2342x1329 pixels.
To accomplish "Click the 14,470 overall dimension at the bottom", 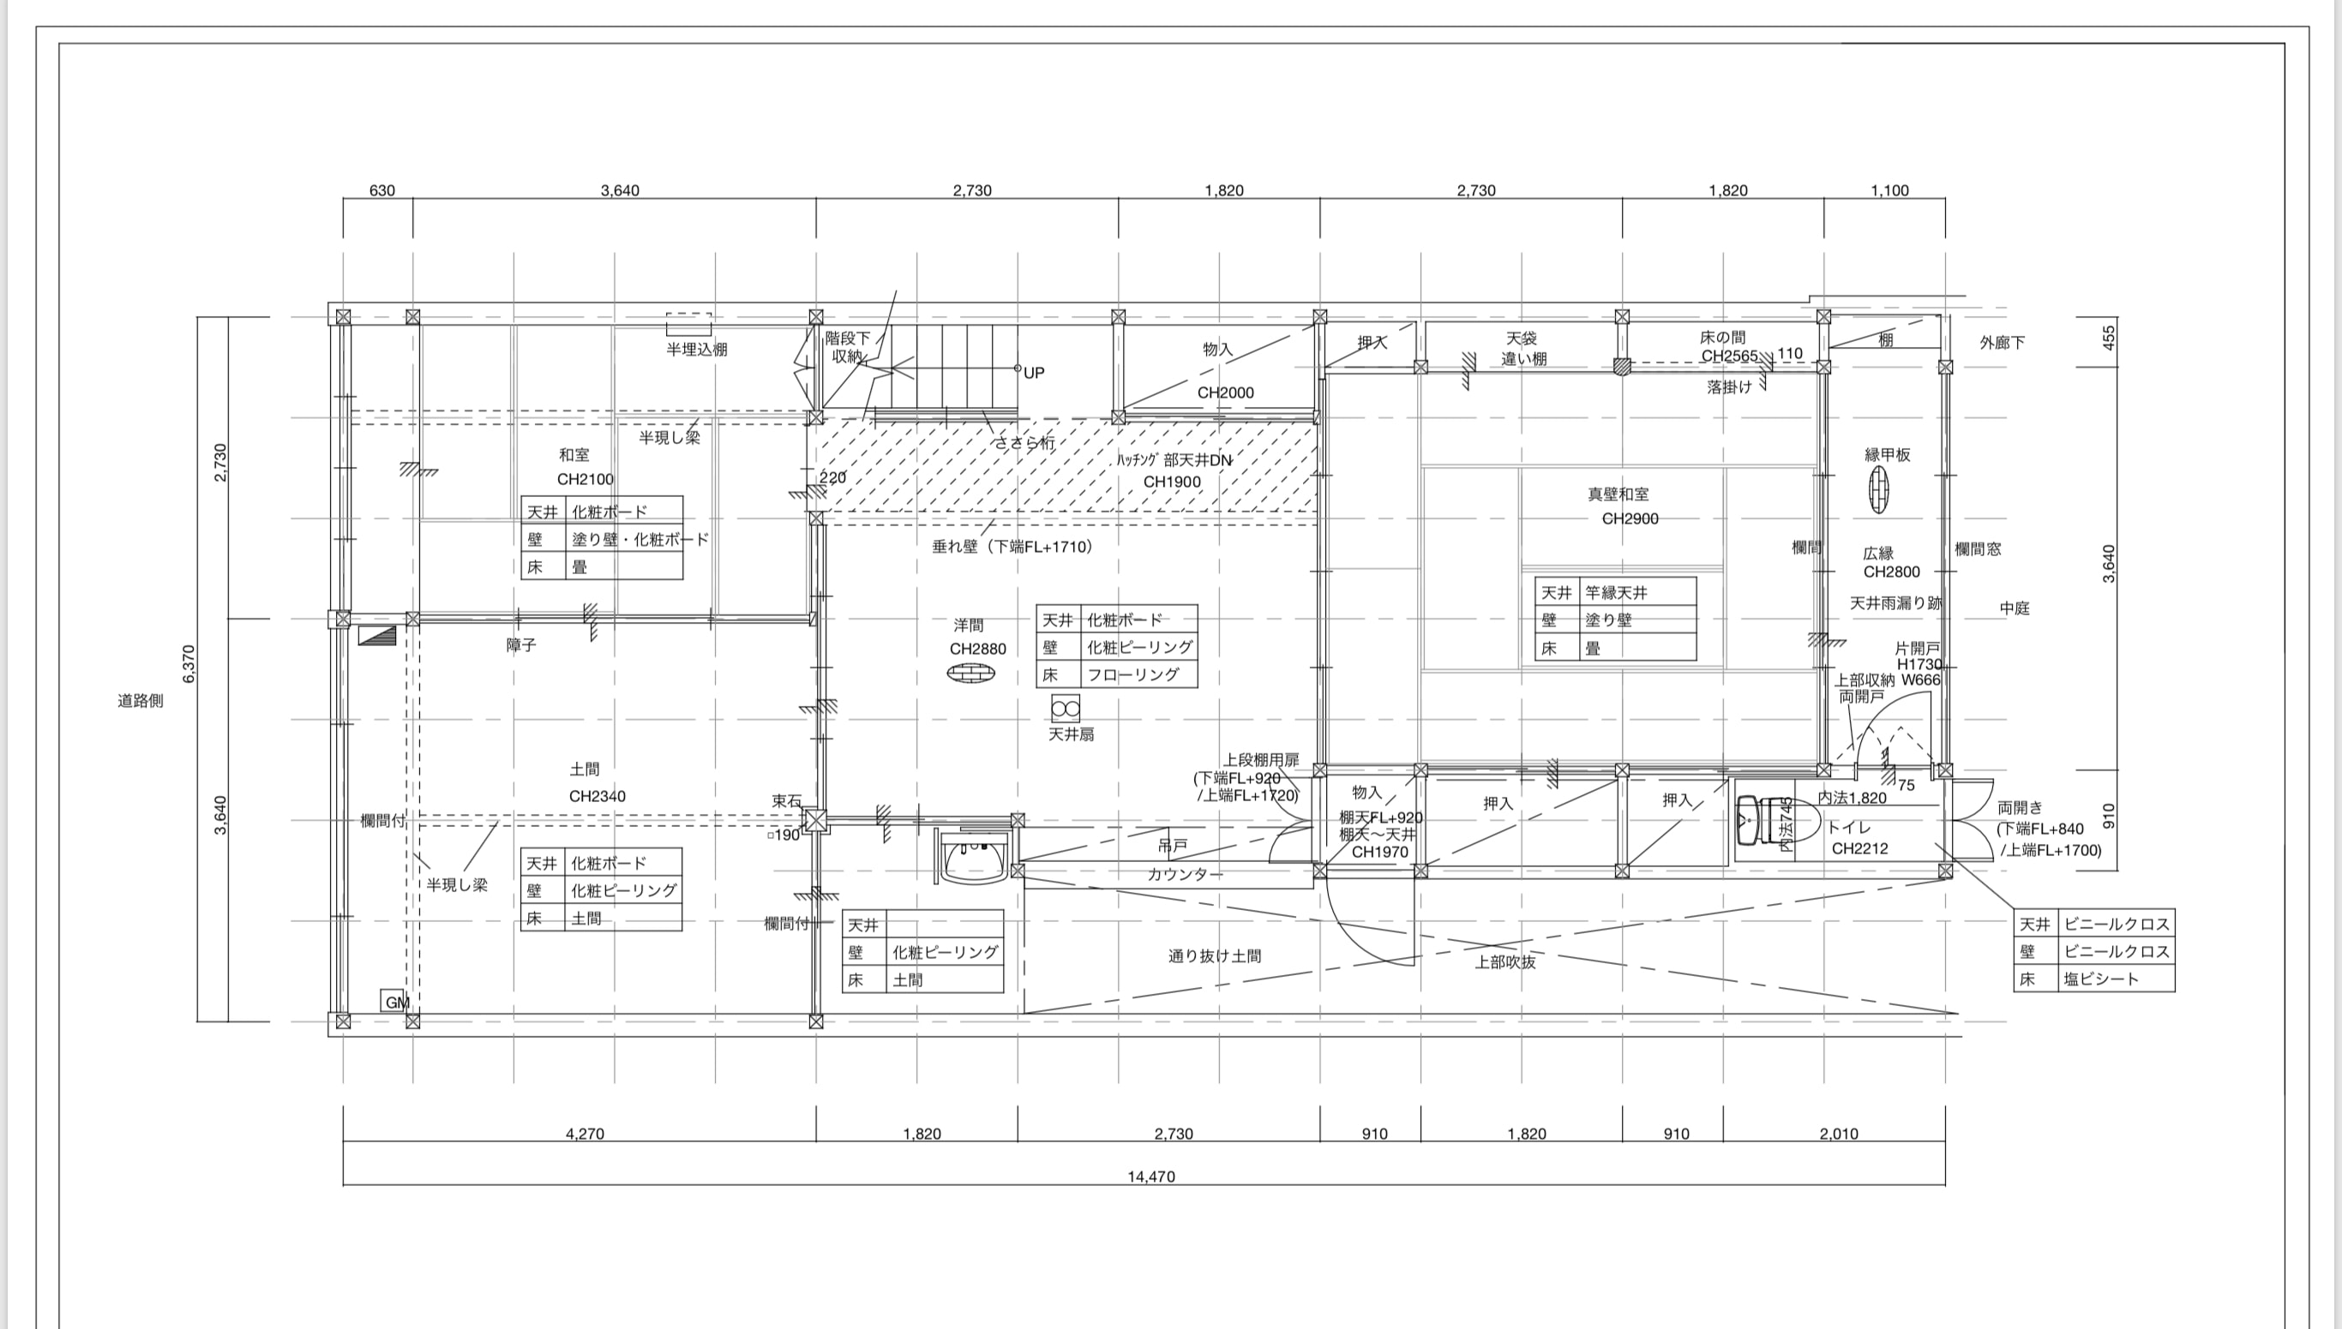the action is pyautogui.click(x=1150, y=1176).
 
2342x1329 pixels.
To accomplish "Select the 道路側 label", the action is pyautogui.click(x=141, y=701).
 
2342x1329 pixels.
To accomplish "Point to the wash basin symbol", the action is pyautogui.click(x=973, y=858).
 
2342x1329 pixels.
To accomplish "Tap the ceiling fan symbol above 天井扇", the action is pyautogui.click(x=1066, y=709).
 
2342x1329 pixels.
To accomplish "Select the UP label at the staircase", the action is pyautogui.click(x=1034, y=373).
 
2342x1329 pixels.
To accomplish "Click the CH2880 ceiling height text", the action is pyautogui.click(x=977, y=649).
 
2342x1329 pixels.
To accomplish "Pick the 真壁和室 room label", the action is pyautogui.click(x=1618, y=494).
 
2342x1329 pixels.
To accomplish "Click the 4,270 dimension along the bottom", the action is pyautogui.click(x=585, y=1134).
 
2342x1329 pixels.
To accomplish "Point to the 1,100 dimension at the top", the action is pyautogui.click(x=1889, y=191).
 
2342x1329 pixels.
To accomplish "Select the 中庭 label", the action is pyautogui.click(x=2015, y=608).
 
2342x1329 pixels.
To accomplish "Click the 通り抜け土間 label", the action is pyautogui.click(x=1215, y=955).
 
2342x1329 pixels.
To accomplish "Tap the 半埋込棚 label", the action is pyautogui.click(x=696, y=350).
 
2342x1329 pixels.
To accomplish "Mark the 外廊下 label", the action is pyautogui.click(x=2003, y=342).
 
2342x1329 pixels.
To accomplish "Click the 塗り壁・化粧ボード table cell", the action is pyautogui.click(x=640, y=538).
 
